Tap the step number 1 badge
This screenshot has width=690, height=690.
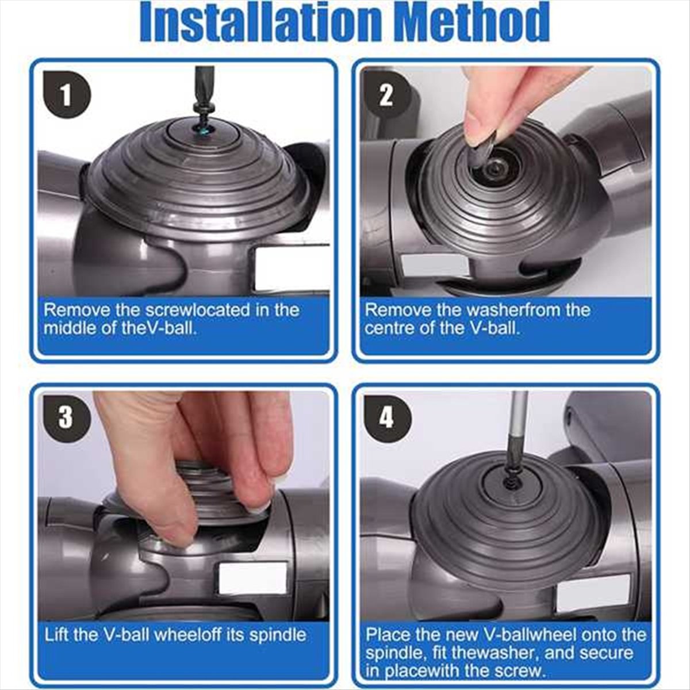66,95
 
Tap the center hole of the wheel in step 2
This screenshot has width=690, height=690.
494,168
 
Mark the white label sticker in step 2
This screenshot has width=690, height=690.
435,266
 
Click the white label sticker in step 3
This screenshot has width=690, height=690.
252,578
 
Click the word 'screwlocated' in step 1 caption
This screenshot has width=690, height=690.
198,310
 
